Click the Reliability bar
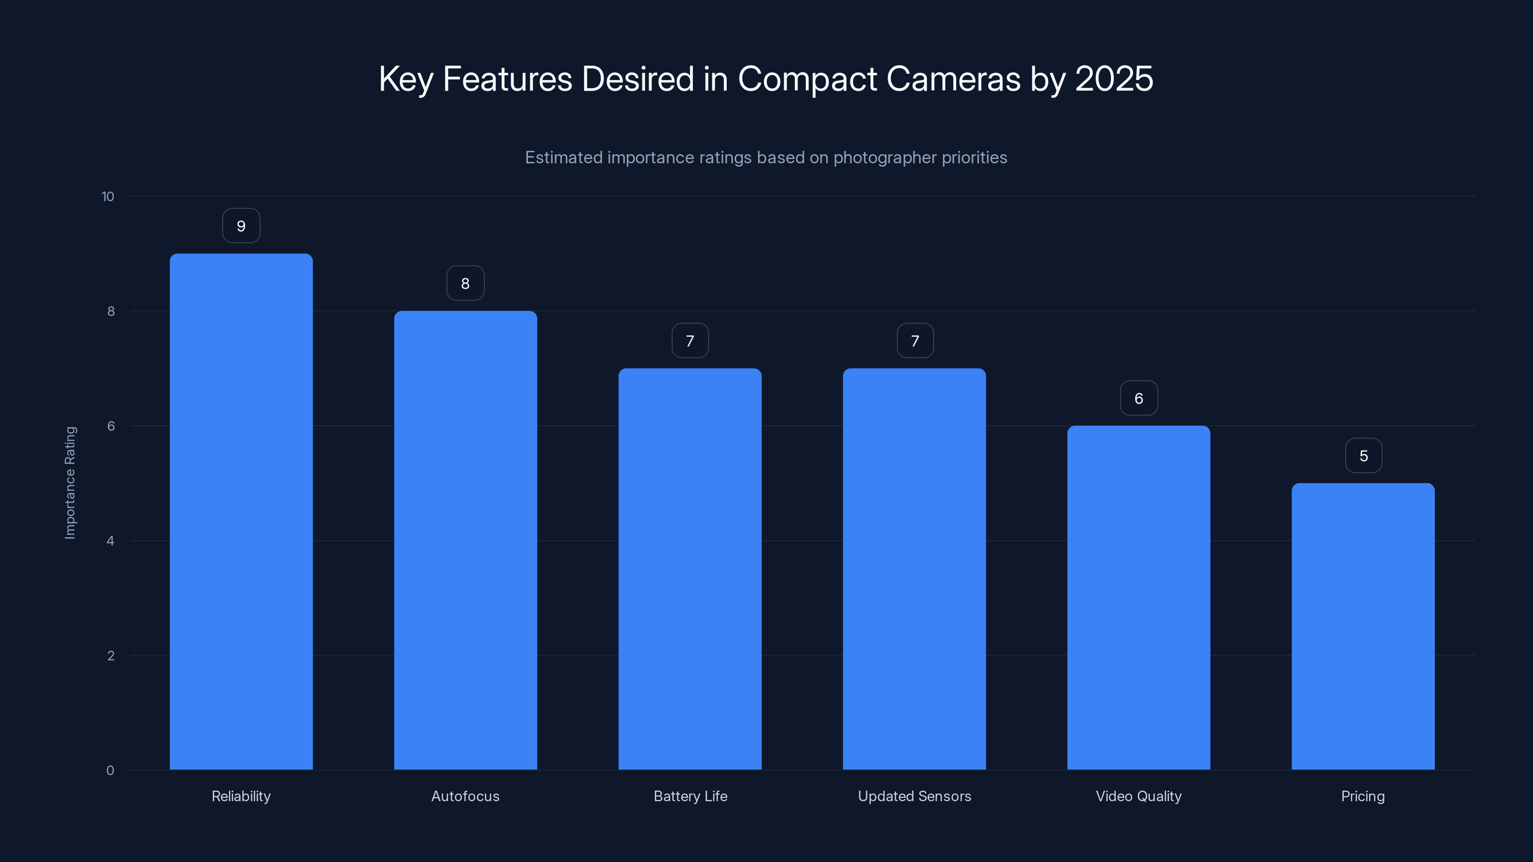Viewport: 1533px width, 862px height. (x=241, y=511)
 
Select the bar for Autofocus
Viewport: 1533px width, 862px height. (x=465, y=540)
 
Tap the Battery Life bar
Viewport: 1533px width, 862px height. (x=690, y=569)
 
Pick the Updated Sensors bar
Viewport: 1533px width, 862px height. (x=914, y=569)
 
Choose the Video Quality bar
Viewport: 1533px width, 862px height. (x=1138, y=597)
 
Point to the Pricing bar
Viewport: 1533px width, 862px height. (x=1363, y=626)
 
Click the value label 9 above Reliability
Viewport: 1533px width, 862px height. (x=241, y=226)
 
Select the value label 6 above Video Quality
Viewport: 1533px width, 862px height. (x=1138, y=398)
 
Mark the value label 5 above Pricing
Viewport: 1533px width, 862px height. (x=1363, y=456)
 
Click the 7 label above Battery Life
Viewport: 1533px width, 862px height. (x=690, y=341)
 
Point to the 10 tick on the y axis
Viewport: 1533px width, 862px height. (x=108, y=197)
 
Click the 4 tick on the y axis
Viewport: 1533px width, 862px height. (x=110, y=541)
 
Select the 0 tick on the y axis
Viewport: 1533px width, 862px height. (x=110, y=771)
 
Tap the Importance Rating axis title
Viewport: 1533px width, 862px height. (x=70, y=482)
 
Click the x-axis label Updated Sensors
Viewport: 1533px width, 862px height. (x=914, y=796)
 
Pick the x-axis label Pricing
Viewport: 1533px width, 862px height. (x=1363, y=796)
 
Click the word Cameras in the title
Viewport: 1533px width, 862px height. (x=953, y=79)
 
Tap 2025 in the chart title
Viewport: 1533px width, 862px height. (x=1114, y=79)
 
